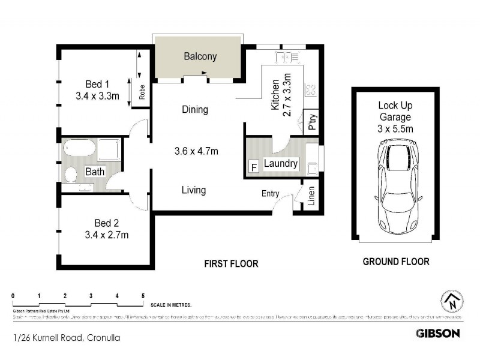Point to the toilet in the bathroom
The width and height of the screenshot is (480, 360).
(x=70, y=175)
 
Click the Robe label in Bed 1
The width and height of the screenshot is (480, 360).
(x=142, y=92)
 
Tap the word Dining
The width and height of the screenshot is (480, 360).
(x=195, y=110)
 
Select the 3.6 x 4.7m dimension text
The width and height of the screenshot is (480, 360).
(x=196, y=151)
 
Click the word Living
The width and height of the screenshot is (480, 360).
(x=194, y=190)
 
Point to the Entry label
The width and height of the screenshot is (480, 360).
(x=270, y=193)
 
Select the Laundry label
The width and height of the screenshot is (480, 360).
(x=280, y=163)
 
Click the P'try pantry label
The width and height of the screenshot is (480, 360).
(x=311, y=122)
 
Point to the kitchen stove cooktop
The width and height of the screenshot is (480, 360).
(x=311, y=91)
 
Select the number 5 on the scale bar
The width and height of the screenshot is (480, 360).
(x=143, y=296)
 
